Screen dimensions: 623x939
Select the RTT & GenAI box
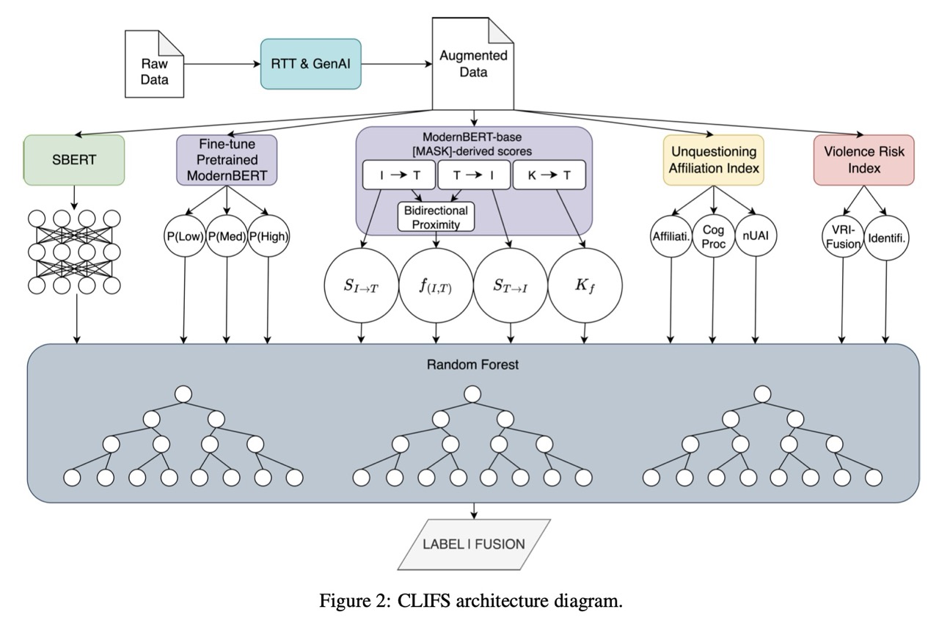(311, 64)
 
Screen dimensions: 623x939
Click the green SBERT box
(74, 159)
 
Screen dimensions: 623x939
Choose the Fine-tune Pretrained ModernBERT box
(226, 159)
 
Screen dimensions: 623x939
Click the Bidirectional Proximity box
(436, 216)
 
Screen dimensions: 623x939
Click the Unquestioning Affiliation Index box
(713, 159)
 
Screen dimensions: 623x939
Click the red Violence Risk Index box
(863, 159)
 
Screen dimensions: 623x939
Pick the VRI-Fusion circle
(842, 238)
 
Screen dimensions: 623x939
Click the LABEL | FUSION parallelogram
(474, 544)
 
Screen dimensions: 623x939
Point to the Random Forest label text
(473, 365)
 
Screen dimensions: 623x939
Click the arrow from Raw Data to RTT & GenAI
(222, 65)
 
